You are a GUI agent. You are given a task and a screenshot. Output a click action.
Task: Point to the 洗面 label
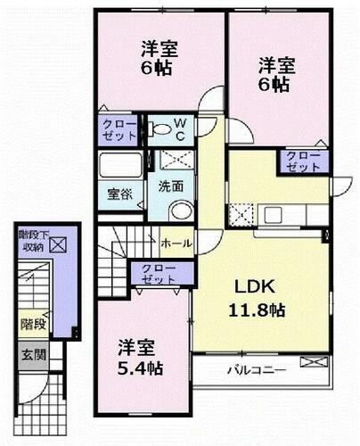click(x=172, y=187)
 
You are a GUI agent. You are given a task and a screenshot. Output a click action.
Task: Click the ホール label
click(x=175, y=242)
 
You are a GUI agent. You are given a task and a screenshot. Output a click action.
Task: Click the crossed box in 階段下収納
click(x=58, y=242)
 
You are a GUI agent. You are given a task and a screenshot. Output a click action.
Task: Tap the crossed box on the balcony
click(x=313, y=361)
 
